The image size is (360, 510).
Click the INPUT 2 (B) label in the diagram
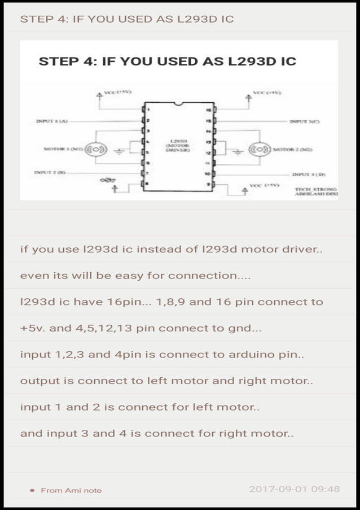tap(50, 172)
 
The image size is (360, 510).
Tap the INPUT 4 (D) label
tap(309, 175)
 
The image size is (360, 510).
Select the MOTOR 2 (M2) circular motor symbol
tap(258, 150)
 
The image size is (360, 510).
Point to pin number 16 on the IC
tap(208, 110)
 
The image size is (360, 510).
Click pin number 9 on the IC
tap(208, 185)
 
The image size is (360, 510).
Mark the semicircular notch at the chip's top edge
tap(179, 104)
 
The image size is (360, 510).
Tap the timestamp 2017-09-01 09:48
tap(294, 489)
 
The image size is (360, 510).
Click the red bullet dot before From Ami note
tap(33, 490)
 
